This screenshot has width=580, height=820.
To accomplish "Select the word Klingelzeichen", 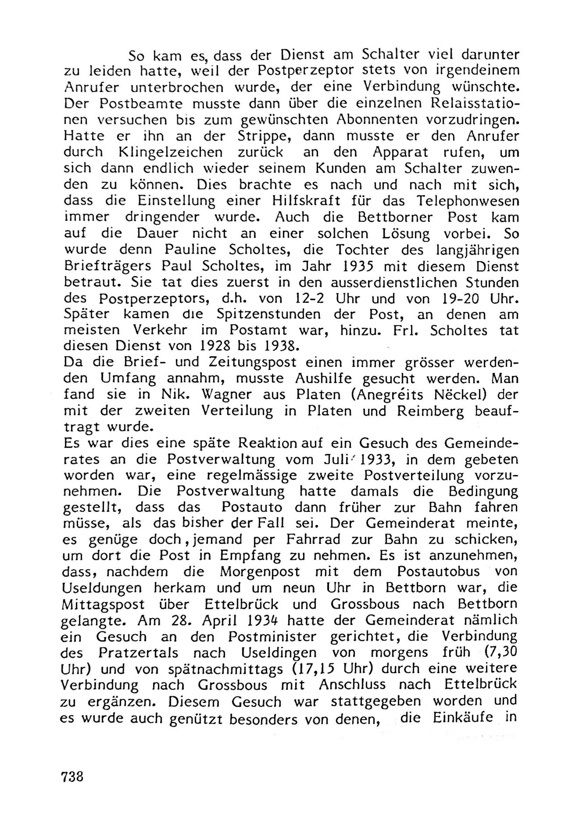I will tap(170, 153).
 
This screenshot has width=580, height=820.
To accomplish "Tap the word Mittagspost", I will tap(103, 605).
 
